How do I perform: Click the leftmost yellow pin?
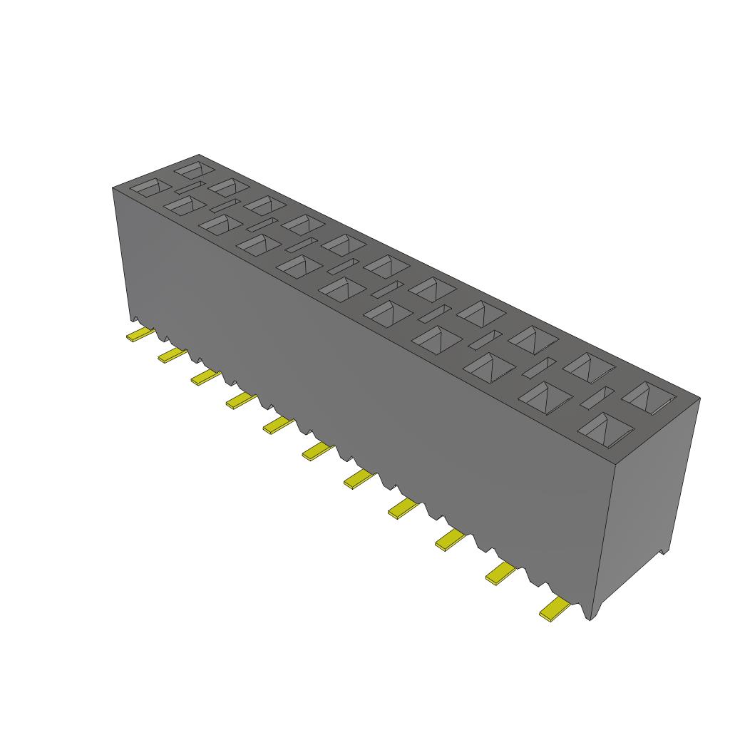(x=140, y=334)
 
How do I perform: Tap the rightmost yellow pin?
(x=555, y=610)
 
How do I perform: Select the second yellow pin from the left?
(x=172, y=354)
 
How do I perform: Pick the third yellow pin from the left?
(x=205, y=376)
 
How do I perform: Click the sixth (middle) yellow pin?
(x=317, y=450)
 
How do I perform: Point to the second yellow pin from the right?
(x=500, y=572)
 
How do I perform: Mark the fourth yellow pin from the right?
(x=403, y=507)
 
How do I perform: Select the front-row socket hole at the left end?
(x=151, y=187)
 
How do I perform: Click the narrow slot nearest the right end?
(x=596, y=398)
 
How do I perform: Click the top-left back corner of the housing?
(x=199, y=155)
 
